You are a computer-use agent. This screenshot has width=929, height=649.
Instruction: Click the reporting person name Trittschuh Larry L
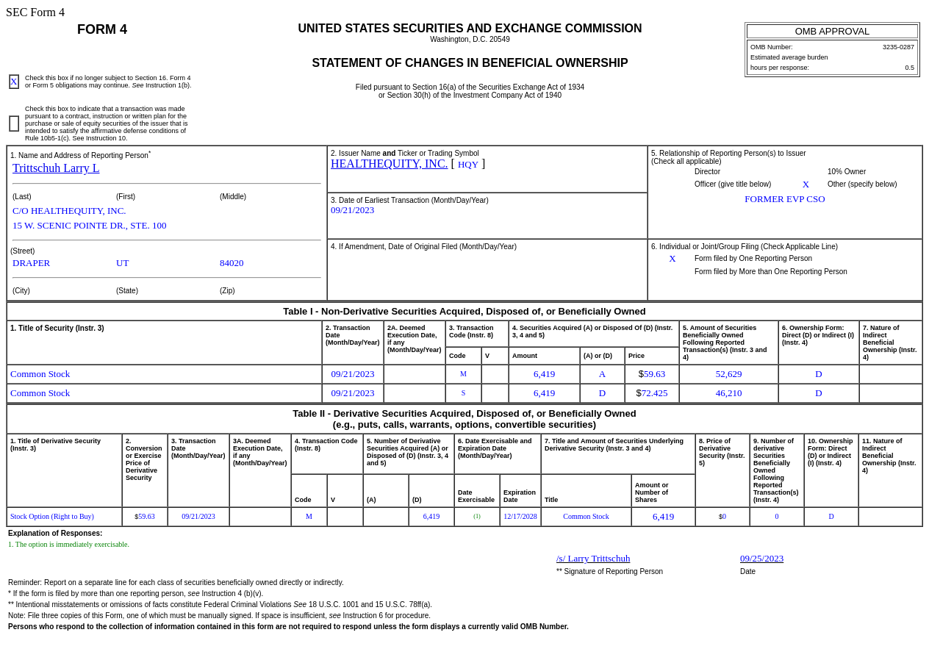pyautogui.click(x=56, y=168)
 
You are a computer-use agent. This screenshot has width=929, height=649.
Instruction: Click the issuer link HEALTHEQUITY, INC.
pyautogui.click(x=389, y=164)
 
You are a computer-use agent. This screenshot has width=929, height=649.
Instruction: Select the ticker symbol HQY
pyautogui.click(x=468, y=165)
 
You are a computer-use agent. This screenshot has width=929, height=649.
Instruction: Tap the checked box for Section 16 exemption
pyautogui.click(x=14, y=82)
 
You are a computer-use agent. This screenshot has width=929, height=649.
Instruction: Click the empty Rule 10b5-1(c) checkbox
pyautogui.click(x=14, y=123)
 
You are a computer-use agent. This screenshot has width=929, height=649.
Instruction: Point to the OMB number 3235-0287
pyautogui.click(x=898, y=47)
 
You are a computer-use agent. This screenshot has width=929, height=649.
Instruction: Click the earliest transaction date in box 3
pyautogui.click(x=352, y=210)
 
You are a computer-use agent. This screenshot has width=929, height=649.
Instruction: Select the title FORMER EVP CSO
pyautogui.click(x=784, y=199)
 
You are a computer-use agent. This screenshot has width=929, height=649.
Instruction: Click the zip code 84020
pyautogui.click(x=232, y=263)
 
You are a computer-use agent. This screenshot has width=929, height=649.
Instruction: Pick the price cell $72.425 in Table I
pyautogui.click(x=652, y=393)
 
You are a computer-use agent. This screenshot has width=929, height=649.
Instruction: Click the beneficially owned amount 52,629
pyautogui.click(x=728, y=374)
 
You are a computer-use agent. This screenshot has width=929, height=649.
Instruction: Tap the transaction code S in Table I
pyautogui.click(x=463, y=393)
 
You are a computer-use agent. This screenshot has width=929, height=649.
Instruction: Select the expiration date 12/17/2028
pyautogui.click(x=520, y=517)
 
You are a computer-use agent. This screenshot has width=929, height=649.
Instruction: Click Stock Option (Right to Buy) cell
pyautogui.click(x=52, y=517)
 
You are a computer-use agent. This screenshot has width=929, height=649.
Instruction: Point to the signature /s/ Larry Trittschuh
pyautogui.click(x=593, y=559)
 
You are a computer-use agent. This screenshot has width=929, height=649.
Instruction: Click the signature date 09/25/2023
pyautogui.click(x=761, y=559)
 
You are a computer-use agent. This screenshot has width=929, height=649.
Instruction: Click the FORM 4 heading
pyautogui.click(x=102, y=29)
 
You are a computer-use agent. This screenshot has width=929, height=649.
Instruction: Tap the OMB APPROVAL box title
pyautogui.click(x=832, y=31)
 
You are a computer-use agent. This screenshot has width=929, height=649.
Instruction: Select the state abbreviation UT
pyautogui.click(x=123, y=263)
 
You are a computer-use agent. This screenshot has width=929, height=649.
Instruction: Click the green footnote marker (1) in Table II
pyautogui.click(x=476, y=517)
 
